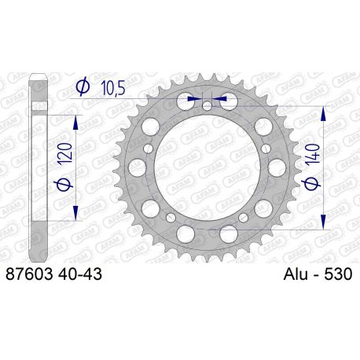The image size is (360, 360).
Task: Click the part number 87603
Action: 28,274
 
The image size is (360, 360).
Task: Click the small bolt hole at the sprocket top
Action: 206,105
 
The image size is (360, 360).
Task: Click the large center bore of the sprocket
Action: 206,167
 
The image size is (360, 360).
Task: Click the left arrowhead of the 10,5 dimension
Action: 197,100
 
